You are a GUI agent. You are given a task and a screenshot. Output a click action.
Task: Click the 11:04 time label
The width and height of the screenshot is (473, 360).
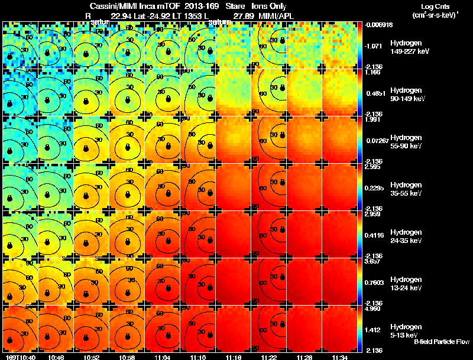(x=162, y=358)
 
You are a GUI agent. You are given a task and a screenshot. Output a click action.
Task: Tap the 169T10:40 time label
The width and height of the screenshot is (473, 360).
(x=20, y=358)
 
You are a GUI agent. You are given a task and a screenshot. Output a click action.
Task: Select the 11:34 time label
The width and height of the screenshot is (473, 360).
(x=339, y=358)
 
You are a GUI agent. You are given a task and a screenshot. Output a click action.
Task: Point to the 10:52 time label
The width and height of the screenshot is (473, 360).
(x=91, y=358)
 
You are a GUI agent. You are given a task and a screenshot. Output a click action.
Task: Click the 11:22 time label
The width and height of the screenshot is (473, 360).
(x=268, y=358)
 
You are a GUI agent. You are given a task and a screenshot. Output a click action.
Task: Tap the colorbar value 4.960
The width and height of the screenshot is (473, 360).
(x=373, y=309)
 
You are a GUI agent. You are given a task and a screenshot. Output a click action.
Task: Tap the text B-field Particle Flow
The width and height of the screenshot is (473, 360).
(x=441, y=342)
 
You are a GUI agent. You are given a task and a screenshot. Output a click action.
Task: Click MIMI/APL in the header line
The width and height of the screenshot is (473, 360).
(x=277, y=15)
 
